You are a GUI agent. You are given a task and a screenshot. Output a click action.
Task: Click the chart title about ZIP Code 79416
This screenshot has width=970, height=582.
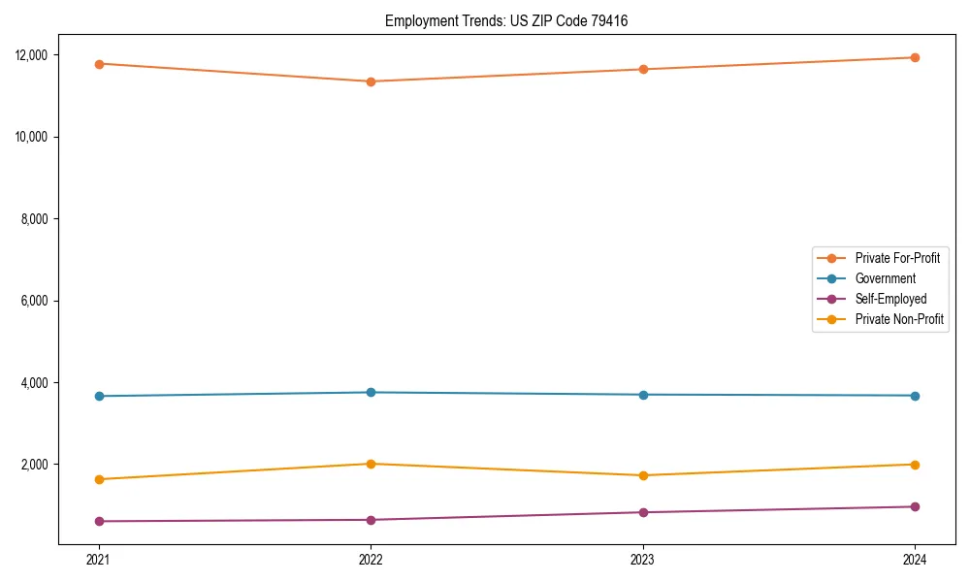506,20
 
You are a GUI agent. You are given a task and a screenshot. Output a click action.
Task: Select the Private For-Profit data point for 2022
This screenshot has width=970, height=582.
371,81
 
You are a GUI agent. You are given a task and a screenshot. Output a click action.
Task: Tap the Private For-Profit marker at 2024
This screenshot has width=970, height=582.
915,57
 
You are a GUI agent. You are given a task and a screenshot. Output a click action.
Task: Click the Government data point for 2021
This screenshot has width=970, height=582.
99,396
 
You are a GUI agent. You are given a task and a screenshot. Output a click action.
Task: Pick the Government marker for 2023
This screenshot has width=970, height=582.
643,395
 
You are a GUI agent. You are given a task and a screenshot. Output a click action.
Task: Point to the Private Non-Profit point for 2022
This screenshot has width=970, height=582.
371,464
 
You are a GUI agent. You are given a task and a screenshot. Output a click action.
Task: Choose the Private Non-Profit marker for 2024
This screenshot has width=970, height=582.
915,465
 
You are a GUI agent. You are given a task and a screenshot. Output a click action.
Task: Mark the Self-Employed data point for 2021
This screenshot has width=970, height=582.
99,521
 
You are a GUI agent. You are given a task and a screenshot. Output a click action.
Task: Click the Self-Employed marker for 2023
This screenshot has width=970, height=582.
643,512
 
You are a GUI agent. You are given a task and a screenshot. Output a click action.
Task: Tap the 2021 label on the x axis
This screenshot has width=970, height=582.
99,560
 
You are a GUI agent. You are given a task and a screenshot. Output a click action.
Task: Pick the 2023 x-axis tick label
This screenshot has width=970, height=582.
643,560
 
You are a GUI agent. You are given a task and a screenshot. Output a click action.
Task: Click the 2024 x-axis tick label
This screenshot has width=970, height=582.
915,560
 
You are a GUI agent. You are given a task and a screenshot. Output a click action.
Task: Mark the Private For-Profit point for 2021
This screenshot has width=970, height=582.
99,64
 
